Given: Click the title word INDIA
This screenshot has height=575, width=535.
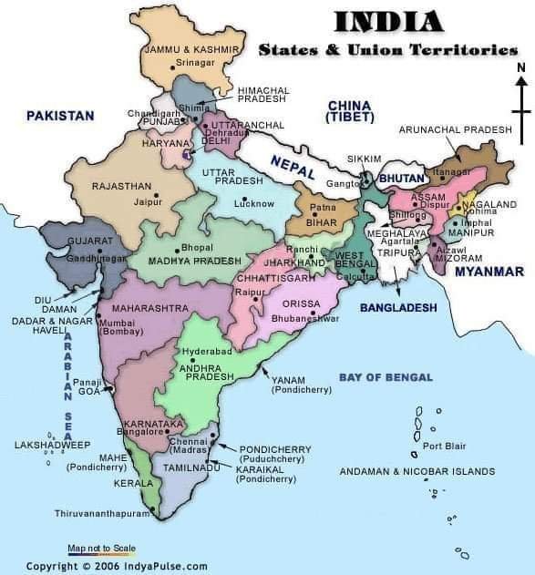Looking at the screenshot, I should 389,21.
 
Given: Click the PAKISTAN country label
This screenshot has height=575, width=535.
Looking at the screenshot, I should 60,116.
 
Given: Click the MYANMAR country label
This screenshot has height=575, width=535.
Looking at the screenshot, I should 489,272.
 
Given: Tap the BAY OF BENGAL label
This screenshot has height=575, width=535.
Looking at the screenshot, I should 386,376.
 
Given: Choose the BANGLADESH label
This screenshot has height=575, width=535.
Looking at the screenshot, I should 398,308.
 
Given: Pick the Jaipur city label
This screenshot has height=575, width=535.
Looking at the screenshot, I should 143,201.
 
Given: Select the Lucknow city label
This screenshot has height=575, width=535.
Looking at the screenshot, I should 253,203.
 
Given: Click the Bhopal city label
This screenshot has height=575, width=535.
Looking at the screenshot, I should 197,247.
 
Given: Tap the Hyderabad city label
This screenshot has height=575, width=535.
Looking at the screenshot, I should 207,351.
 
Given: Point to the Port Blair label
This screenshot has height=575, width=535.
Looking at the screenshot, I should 444,446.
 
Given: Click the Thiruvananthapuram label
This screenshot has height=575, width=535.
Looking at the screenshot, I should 101,514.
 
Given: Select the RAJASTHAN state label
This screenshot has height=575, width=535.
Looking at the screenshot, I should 121,186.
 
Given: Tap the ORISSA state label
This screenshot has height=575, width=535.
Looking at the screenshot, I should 302,303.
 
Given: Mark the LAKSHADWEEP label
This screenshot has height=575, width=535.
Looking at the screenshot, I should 52,445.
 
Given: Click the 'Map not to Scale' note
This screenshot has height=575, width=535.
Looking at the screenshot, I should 101,548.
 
